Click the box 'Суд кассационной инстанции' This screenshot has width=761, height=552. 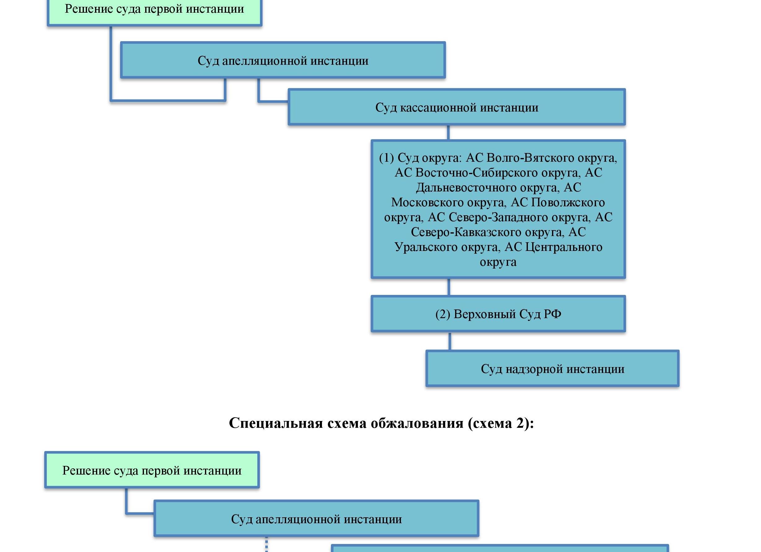pyautogui.click(x=456, y=107)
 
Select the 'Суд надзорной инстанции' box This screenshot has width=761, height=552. pyautogui.click(x=552, y=369)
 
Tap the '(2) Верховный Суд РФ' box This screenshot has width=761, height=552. pyautogui.click(x=498, y=314)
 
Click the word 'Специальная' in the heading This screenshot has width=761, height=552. pyautogui.click(x=276, y=423)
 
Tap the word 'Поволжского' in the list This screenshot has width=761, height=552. pyautogui.click(x=568, y=202)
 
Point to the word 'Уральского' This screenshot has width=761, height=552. pyautogui.click(x=426, y=247)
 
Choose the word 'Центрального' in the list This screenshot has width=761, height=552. pyautogui.click(x=564, y=247)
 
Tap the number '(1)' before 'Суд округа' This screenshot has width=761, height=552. pyautogui.click(x=386, y=157)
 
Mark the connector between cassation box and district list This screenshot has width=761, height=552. pyautogui.click(x=448, y=133)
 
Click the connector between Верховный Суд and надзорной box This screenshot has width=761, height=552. pyautogui.click(x=450, y=341)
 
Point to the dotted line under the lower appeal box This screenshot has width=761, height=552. pyautogui.click(x=267, y=544)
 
